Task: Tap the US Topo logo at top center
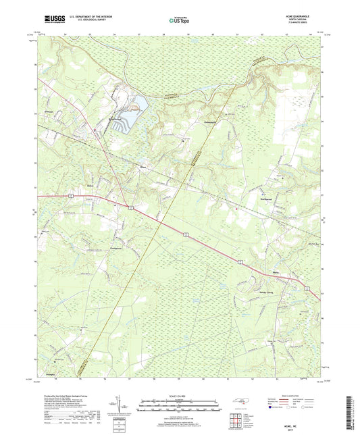click(x=174, y=22)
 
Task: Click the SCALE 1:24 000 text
click(x=180, y=396)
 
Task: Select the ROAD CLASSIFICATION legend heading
click(x=298, y=397)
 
